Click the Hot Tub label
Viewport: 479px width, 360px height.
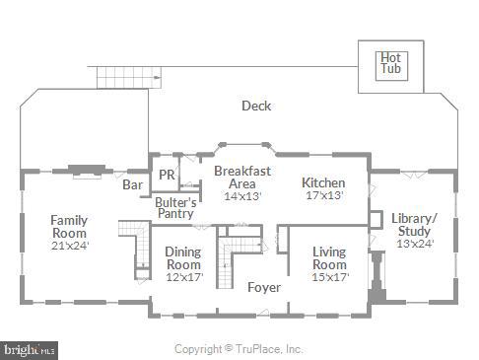391,63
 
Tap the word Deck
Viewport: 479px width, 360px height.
256,107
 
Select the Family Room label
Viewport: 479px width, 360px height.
69,226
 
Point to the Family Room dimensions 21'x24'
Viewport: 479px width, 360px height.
69,246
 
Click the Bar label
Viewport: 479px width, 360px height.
132,183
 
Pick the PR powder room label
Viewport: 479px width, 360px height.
167,176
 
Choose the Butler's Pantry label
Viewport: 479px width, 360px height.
175,207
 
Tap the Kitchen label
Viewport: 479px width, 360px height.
323,182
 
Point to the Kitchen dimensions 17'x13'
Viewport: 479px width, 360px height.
323,195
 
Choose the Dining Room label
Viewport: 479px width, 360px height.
182,257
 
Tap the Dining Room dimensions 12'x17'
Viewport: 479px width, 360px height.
182,277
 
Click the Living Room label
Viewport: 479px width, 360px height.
329,257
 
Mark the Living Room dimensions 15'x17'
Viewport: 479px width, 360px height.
329,277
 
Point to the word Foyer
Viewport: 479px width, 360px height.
263,288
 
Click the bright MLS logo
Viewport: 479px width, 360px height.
30,349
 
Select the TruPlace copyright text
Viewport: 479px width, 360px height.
239,349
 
